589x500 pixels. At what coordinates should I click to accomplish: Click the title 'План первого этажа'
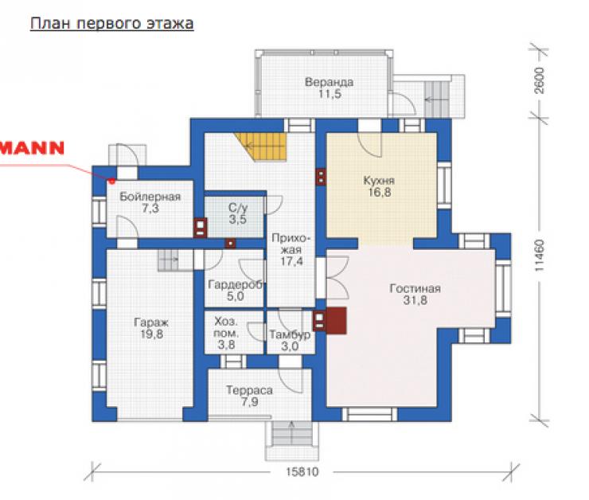(x=112, y=24)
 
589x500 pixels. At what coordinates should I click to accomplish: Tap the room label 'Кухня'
(x=379, y=180)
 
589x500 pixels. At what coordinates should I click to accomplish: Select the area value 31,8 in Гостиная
(x=415, y=300)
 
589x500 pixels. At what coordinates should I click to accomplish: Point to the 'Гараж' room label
(x=151, y=322)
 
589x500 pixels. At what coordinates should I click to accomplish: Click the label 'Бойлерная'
(x=150, y=197)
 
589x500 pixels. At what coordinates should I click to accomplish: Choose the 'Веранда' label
(x=329, y=82)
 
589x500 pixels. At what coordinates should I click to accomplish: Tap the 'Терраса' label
(x=249, y=390)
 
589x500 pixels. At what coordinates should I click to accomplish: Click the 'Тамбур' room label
(x=290, y=334)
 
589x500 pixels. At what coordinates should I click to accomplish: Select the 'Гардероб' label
(x=235, y=285)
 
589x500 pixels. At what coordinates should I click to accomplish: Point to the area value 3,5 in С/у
(x=238, y=220)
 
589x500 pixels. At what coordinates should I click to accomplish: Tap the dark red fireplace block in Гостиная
(x=337, y=320)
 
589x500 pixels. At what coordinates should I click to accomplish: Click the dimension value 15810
(x=302, y=472)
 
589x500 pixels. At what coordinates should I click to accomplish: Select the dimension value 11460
(x=539, y=256)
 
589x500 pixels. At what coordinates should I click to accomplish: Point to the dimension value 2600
(x=539, y=80)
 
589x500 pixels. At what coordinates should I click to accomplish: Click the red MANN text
(x=32, y=148)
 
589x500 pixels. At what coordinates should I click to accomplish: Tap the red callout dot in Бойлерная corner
(x=111, y=181)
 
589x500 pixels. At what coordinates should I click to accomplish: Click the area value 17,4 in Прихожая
(x=291, y=261)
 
